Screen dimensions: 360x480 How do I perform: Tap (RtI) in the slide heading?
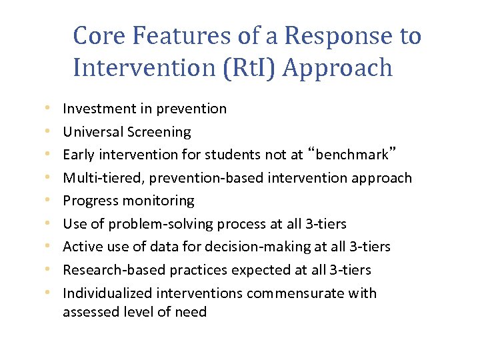coord(230,68)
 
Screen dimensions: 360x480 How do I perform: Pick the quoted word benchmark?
coord(353,155)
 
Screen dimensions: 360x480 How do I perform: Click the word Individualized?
coord(107,293)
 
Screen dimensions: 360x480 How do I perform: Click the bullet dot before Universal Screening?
coord(48,132)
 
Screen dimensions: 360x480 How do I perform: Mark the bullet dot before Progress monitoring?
coord(48,201)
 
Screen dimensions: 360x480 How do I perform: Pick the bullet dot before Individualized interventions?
coord(48,293)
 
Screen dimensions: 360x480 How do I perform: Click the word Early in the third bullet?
coord(77,155)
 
